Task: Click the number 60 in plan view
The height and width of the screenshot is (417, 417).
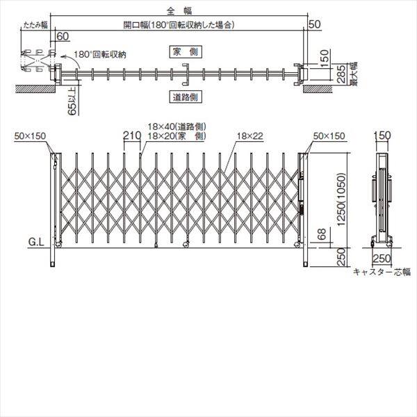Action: [62, 36]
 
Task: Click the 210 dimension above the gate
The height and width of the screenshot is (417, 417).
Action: [132, 137]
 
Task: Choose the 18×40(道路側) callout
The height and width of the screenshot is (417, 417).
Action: [178, 127]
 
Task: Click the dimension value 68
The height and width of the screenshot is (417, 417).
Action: [320, 237]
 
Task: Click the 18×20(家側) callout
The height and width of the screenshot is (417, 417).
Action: [178, 136]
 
